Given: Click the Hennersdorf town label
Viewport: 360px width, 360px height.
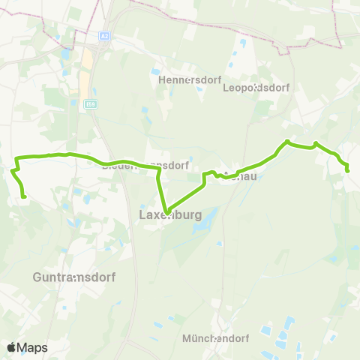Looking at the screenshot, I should pos(181,79).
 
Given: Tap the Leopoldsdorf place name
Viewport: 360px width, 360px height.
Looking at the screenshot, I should pos(256,87).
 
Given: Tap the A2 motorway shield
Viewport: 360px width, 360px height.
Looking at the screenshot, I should pos(104,34).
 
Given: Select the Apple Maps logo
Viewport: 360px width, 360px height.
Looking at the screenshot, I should pos(27,347).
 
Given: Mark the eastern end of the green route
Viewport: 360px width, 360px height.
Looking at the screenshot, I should pos(348,171).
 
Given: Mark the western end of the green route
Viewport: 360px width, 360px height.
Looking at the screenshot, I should pos(25,196).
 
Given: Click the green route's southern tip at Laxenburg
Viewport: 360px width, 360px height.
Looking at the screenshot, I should pos(166,211).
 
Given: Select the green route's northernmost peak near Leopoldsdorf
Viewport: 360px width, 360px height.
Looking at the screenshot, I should pos(287,140).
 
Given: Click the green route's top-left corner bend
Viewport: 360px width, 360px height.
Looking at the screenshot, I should pos(17,157).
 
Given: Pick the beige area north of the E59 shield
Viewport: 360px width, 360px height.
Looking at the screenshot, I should pos(88,64).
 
